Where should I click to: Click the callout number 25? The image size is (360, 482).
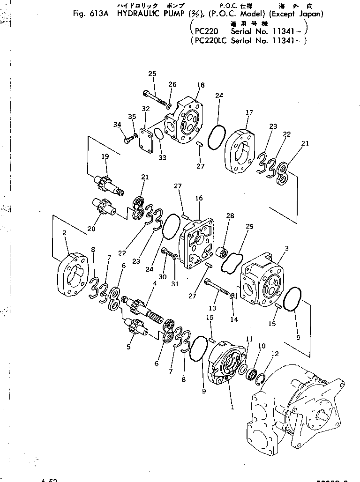152,74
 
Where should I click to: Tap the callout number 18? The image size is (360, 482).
201,85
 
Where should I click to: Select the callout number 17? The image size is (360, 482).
249,112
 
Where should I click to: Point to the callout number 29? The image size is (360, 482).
249,227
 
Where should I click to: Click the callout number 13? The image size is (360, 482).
213,308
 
